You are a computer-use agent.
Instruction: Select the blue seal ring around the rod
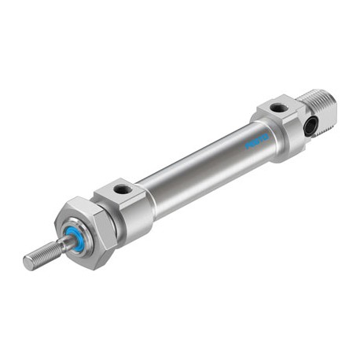(x=78, y=237)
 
